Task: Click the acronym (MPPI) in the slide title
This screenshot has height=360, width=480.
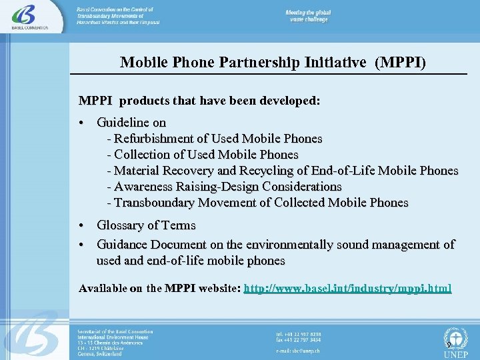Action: pyautogui.click(x=401, y=63)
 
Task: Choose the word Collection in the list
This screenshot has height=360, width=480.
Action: pyautogui.click(x=145, y=155)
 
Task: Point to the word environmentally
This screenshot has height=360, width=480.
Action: pyautogui.click(x=289, y=245)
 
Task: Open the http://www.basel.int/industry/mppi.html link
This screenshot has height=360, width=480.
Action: pyautogui.click(x=348, y=289)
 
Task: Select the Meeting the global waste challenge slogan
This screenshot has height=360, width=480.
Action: pyautogui.click(x=308, y=17)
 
